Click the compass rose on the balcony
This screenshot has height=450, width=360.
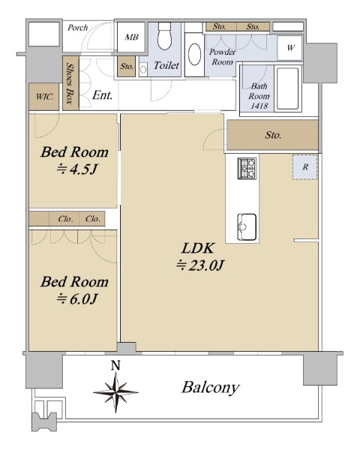tap(115, 392)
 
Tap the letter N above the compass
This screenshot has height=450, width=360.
tap(115, 365)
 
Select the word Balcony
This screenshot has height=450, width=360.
tap(210, 388)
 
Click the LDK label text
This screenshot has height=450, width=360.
tap(198, 248)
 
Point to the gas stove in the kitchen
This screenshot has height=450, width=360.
tap(247, 168)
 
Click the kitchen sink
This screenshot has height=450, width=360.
tap(247, 227)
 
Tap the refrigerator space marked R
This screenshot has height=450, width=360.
tap(305, 167)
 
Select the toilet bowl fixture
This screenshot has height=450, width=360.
tap(164, 36)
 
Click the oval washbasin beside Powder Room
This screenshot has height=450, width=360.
tap(194, 55)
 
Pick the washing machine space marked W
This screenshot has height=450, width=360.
tap(289, 48)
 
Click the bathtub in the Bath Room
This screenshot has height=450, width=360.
tap(288, 88)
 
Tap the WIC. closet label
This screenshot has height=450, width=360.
tap(44, 97)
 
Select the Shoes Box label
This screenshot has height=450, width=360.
tap(70, 83)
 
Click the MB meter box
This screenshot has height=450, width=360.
tap(131, 37)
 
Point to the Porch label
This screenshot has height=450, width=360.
tap(77, 28)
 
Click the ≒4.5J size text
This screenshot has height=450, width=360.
tap(76, 169)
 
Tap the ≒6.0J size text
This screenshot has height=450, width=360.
tap(76, 299)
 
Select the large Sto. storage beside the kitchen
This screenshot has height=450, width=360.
tap(272, 135)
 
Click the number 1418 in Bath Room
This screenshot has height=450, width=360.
tap(259, 106)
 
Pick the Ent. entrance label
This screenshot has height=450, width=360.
tap(102, 95)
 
